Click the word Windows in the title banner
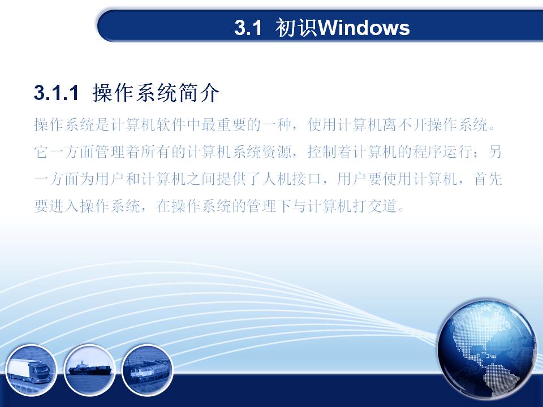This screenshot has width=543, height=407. coord(364,28)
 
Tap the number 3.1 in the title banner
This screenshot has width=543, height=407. coord(248,28)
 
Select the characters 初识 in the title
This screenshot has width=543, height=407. coord(296,28)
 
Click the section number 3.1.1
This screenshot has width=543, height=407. coord(57,93)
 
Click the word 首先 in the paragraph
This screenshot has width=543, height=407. coord(488,179)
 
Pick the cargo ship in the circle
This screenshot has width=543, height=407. coord(90,370)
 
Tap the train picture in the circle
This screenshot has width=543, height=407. coord(148,370)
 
